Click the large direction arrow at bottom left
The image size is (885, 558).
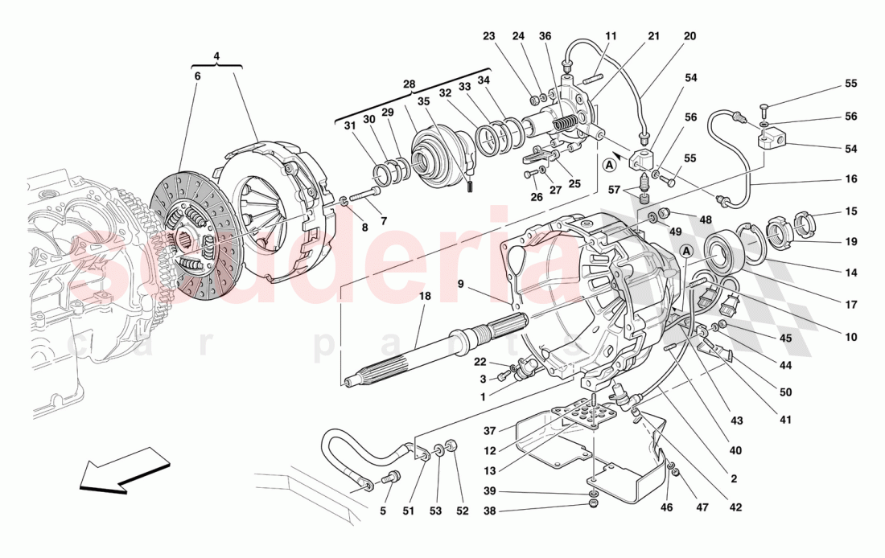[125, 471]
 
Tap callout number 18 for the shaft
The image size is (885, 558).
[425, 297]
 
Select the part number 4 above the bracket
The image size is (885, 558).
[216, 57]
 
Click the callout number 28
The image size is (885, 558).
[409, 84]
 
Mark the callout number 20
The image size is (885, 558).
[689, 36]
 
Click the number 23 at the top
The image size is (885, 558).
[489, 36]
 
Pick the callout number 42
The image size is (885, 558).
[735, 508]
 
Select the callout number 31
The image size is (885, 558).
[348, 125]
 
